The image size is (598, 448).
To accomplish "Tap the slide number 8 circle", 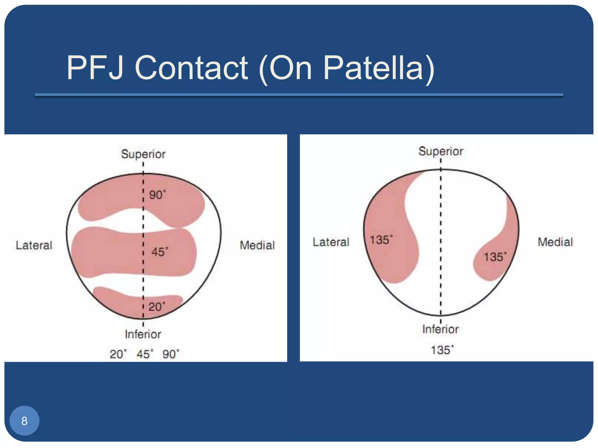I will [25, 421].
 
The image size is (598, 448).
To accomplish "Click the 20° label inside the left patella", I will [157, 307].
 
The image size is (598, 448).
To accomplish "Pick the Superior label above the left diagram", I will [143, 154].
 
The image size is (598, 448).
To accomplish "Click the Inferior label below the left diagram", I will [143, 334].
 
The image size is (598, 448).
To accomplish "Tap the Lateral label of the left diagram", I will [34, 245].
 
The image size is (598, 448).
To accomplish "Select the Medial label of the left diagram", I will [257, 245].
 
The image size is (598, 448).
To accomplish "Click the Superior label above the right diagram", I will [441, 151].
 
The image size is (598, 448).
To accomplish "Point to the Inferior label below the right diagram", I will [440, 329].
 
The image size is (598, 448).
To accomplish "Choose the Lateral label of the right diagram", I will [331, 242].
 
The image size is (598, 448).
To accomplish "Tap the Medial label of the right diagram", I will [555, 242].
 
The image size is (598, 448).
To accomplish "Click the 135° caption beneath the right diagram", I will [442, 350].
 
